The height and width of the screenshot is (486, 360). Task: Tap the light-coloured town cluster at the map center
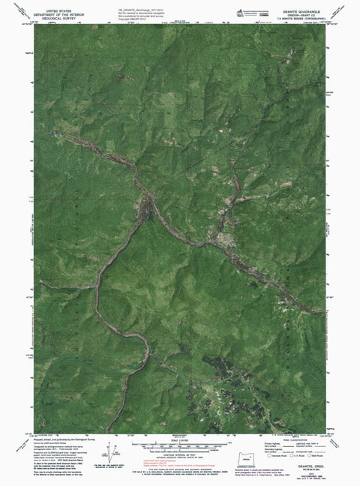coord(223,241)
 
